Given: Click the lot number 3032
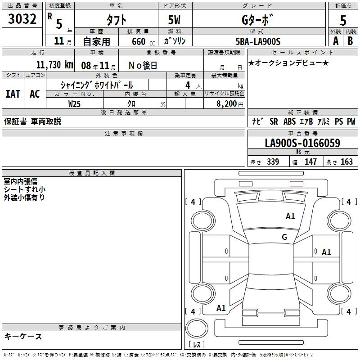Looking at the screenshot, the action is coord(22,19).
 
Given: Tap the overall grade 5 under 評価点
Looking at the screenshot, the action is coord(343,20).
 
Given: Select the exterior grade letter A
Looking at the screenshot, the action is coord(336,41).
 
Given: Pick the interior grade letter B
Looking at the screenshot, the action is coord(350,41).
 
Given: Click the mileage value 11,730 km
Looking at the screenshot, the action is coord(54,65).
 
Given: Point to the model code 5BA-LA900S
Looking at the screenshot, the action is coord(258,41).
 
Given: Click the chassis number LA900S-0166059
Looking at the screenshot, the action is coord(302,143).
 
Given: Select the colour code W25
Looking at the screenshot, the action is coord(74,104).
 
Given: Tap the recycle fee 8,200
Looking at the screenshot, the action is coord(226,104).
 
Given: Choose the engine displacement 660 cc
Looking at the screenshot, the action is coord(143,41).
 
